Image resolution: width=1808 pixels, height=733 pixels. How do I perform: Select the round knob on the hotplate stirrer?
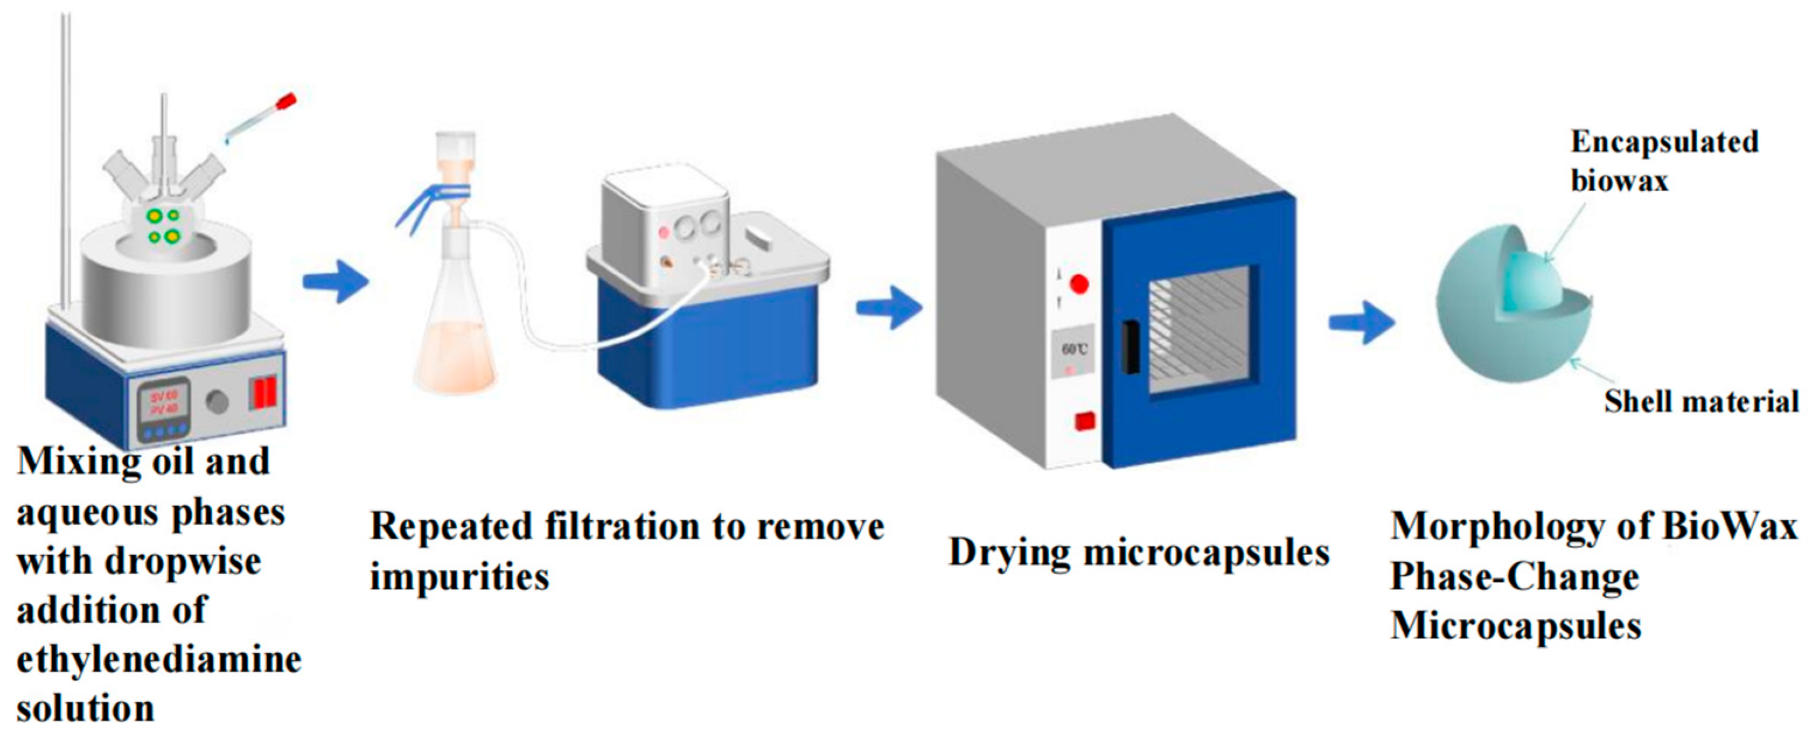click(217, 402)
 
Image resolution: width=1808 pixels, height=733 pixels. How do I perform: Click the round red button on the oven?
click(1078, 284)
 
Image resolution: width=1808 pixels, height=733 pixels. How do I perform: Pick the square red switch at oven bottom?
click(1085, 422)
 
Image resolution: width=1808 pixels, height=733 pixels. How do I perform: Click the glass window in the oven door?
click(1199, 329)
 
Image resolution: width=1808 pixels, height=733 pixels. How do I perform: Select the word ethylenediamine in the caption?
click(159, 660)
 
